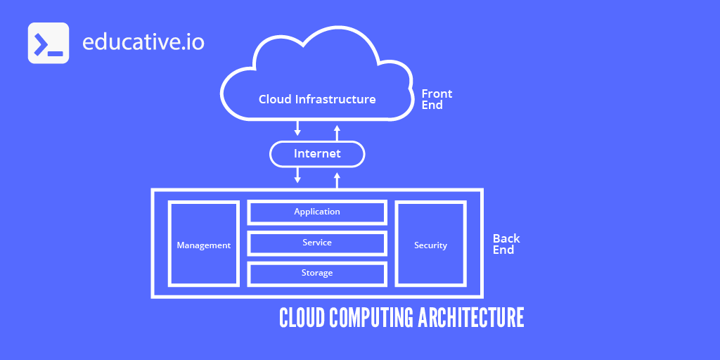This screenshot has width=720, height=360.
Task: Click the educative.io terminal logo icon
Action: (48, 43)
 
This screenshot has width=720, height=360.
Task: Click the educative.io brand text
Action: (143, 42)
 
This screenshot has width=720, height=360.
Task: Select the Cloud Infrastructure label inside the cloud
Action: (317, 99)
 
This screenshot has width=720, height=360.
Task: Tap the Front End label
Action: (436, 99)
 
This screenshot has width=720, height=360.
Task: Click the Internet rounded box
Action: (317, 153)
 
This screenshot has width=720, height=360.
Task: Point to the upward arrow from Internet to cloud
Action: (337, 132)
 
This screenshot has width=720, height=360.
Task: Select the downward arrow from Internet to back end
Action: (297, 175)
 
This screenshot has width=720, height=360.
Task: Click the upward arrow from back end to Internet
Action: (337, 179)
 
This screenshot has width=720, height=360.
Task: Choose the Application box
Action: (317, 212)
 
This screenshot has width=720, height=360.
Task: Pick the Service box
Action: (317, 243)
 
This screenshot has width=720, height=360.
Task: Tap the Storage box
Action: (317, 273)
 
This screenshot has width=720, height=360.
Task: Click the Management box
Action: (203, 244)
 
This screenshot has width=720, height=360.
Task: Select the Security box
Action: (430, 244)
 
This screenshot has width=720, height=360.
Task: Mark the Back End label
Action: (506, 244)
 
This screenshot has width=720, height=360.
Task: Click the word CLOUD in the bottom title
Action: (302, 317)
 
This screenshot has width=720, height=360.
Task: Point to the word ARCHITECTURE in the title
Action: (471, 317)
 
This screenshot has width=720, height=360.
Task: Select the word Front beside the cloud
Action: (437, 94)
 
